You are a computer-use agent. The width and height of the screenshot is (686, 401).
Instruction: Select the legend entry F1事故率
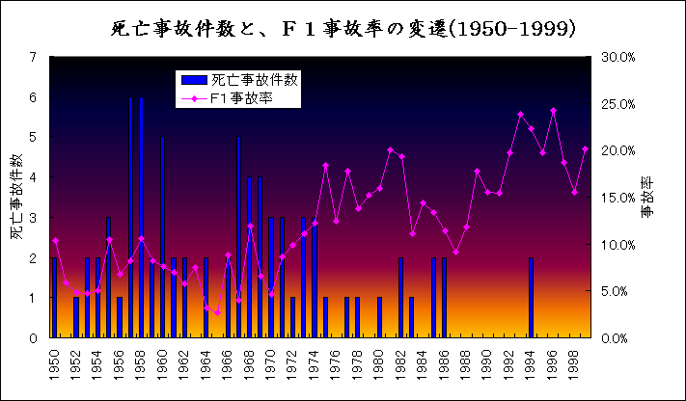tap(241, 96)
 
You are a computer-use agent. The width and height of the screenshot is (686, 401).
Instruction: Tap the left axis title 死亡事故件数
tap(17, 198)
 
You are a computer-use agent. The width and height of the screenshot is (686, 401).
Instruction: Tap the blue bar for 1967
tap(238, 236)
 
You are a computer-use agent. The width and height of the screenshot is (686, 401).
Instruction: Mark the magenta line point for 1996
tap(553, 110)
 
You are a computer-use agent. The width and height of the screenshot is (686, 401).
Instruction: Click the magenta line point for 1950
tap(55, 240)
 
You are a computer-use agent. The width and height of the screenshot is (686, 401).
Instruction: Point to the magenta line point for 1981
tap(390, 149)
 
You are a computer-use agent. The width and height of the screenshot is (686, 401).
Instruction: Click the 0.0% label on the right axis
tap(616, 338)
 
